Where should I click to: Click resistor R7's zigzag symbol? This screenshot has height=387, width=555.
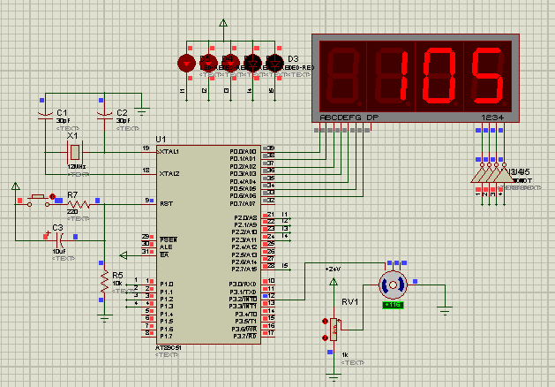(74, 203)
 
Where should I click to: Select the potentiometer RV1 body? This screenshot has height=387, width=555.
(334, 329)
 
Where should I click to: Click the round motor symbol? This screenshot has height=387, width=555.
(392, 284)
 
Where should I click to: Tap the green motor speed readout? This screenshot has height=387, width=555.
(392, 305)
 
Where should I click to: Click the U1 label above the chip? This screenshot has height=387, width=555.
(160, 140)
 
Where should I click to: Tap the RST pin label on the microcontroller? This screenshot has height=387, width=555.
(166, 203)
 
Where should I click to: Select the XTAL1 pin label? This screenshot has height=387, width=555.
(169, 151)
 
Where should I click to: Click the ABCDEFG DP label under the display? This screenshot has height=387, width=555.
(349, 118)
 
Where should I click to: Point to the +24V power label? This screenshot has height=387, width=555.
(333, 268)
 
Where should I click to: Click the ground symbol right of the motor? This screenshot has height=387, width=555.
(446, 309)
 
